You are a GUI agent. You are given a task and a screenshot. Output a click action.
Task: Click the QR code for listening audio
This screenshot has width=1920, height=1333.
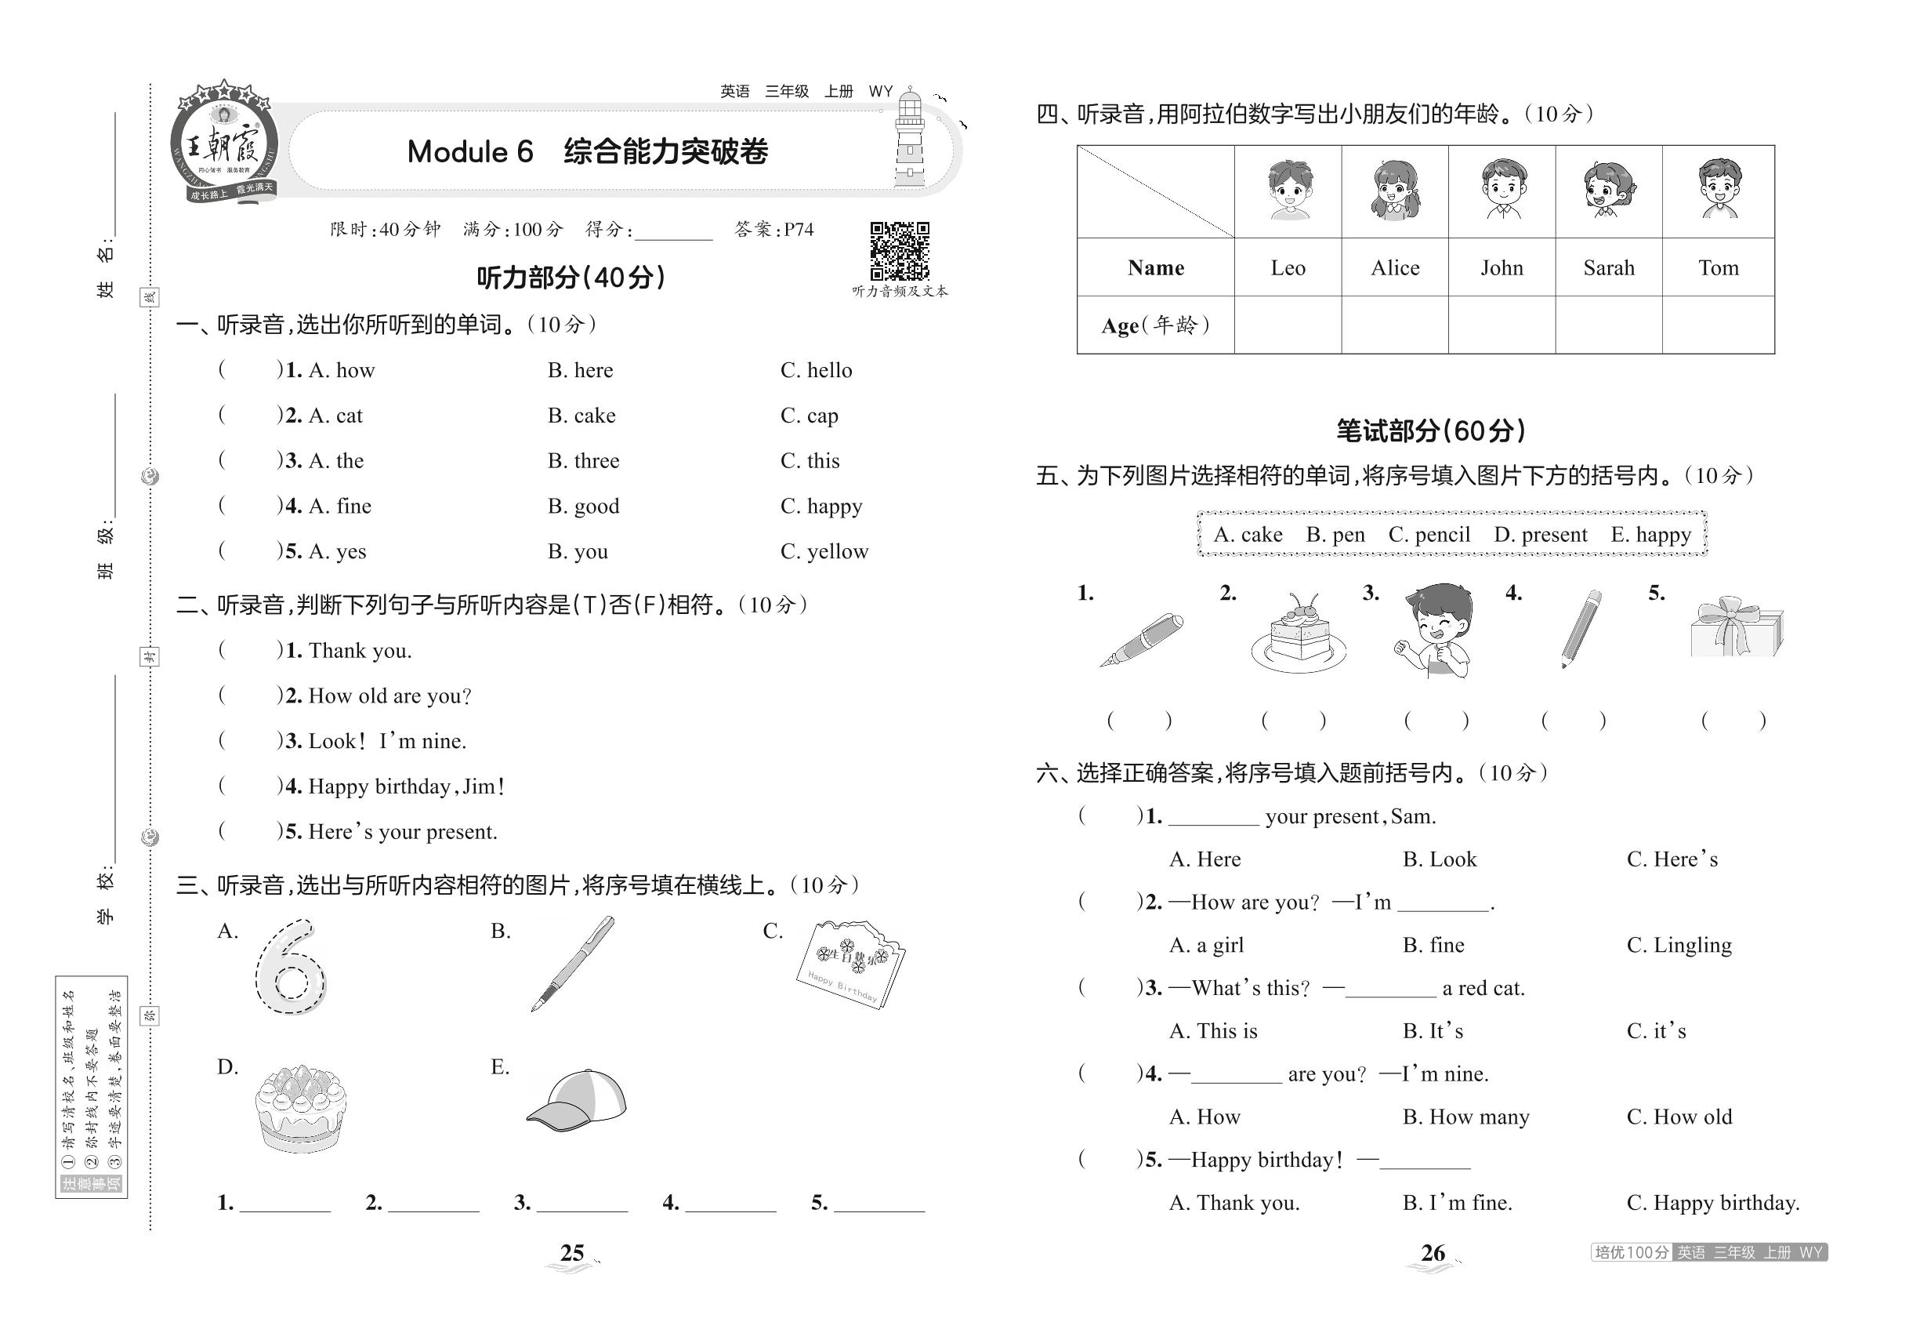(x=899, y=252)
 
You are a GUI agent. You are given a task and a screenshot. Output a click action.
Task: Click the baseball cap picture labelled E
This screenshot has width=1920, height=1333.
(x=577, y=1097)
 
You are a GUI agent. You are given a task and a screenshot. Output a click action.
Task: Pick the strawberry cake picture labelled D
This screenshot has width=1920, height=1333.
(x=300, y=1107)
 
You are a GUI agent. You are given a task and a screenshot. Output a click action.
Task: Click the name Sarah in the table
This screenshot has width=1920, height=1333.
(x=1608, y=268)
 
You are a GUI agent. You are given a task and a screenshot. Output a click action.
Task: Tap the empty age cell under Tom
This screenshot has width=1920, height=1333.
(x=1717, y=325)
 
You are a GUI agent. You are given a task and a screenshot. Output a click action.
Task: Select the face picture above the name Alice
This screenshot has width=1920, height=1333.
(x=1394, y=191)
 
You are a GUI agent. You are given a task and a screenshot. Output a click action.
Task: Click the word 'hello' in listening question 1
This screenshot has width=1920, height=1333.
(x=829, y=371)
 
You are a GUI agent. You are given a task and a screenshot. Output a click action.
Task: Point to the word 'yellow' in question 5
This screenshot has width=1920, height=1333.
(x=837, y=552)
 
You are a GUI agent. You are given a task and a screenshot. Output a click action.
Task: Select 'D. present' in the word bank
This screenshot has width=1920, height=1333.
(x=1540, y=535)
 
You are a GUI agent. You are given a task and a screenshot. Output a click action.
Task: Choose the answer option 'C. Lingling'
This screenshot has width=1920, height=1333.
(x=1679, y=946)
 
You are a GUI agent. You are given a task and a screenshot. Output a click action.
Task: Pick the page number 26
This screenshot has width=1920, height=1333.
(x=1433, y=1253)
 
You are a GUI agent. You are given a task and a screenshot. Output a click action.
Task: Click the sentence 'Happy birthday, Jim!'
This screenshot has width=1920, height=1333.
(x=406, y=786)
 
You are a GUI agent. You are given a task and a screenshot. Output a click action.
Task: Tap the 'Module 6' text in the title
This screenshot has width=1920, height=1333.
(x=470, y=152)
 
